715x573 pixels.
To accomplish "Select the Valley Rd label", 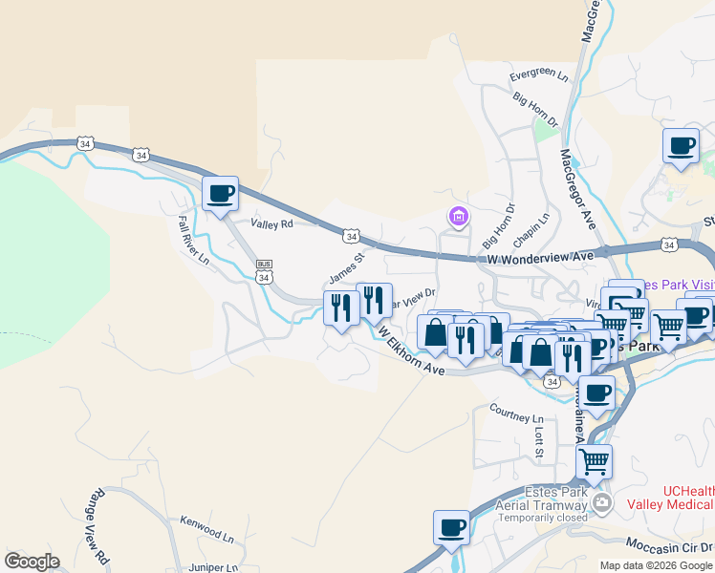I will pyautogui.click(x=271, y=223).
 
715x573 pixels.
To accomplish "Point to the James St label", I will pyautogui.click(x=347, y=268).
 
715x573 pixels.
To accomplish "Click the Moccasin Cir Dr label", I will pyautogui.click(x=669, y=545).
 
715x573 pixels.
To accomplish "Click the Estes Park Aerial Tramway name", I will pyautogui.click(x=541, y=498).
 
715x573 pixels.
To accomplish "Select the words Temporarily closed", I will pyautogui.click(x=541, y=520).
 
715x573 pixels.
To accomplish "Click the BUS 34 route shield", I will pyautogui.click(x=265, y=271).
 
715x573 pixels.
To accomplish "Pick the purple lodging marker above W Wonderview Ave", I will pyautogui.click(x=459, y=218).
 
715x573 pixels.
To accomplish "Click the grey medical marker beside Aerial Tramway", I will pyautogui.click(x=601, y=502).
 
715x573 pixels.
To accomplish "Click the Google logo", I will pyautogui.click(x=32, y=562).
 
